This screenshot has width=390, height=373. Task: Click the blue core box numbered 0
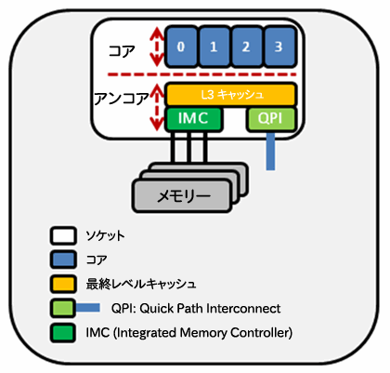[x=181, y=47]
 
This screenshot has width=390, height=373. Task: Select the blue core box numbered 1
[x=214, y=47]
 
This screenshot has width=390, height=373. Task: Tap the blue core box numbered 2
[x=247, y=47]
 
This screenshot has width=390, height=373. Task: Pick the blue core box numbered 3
[x=279, y=47]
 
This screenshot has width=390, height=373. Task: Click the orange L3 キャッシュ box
[x=231, y=95]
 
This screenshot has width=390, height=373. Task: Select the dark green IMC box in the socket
[x=193, y=119]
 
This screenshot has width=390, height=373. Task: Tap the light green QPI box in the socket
[x=271, y=119]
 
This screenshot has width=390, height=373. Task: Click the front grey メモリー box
[x=182, y=196]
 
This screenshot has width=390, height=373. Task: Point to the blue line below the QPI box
[x=270, y=151]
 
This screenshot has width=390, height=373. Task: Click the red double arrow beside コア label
[x=157, y=47]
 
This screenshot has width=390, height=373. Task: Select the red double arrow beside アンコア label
[x=157, y=108]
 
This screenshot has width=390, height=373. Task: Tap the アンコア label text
[x=122, y=100]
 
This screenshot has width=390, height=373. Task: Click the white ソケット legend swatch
[x=63, y=235]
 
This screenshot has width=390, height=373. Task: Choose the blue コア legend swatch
[x=63, y=260]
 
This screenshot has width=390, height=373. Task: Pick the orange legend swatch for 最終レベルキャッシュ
[x=63, y=284]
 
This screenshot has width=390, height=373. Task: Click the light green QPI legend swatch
[x=62, y=308]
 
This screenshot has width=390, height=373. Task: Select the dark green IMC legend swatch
[x=63, y=332]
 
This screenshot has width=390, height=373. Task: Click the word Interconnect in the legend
[x=243, y=309]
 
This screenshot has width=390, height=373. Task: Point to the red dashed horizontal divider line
[x=201, y=74]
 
